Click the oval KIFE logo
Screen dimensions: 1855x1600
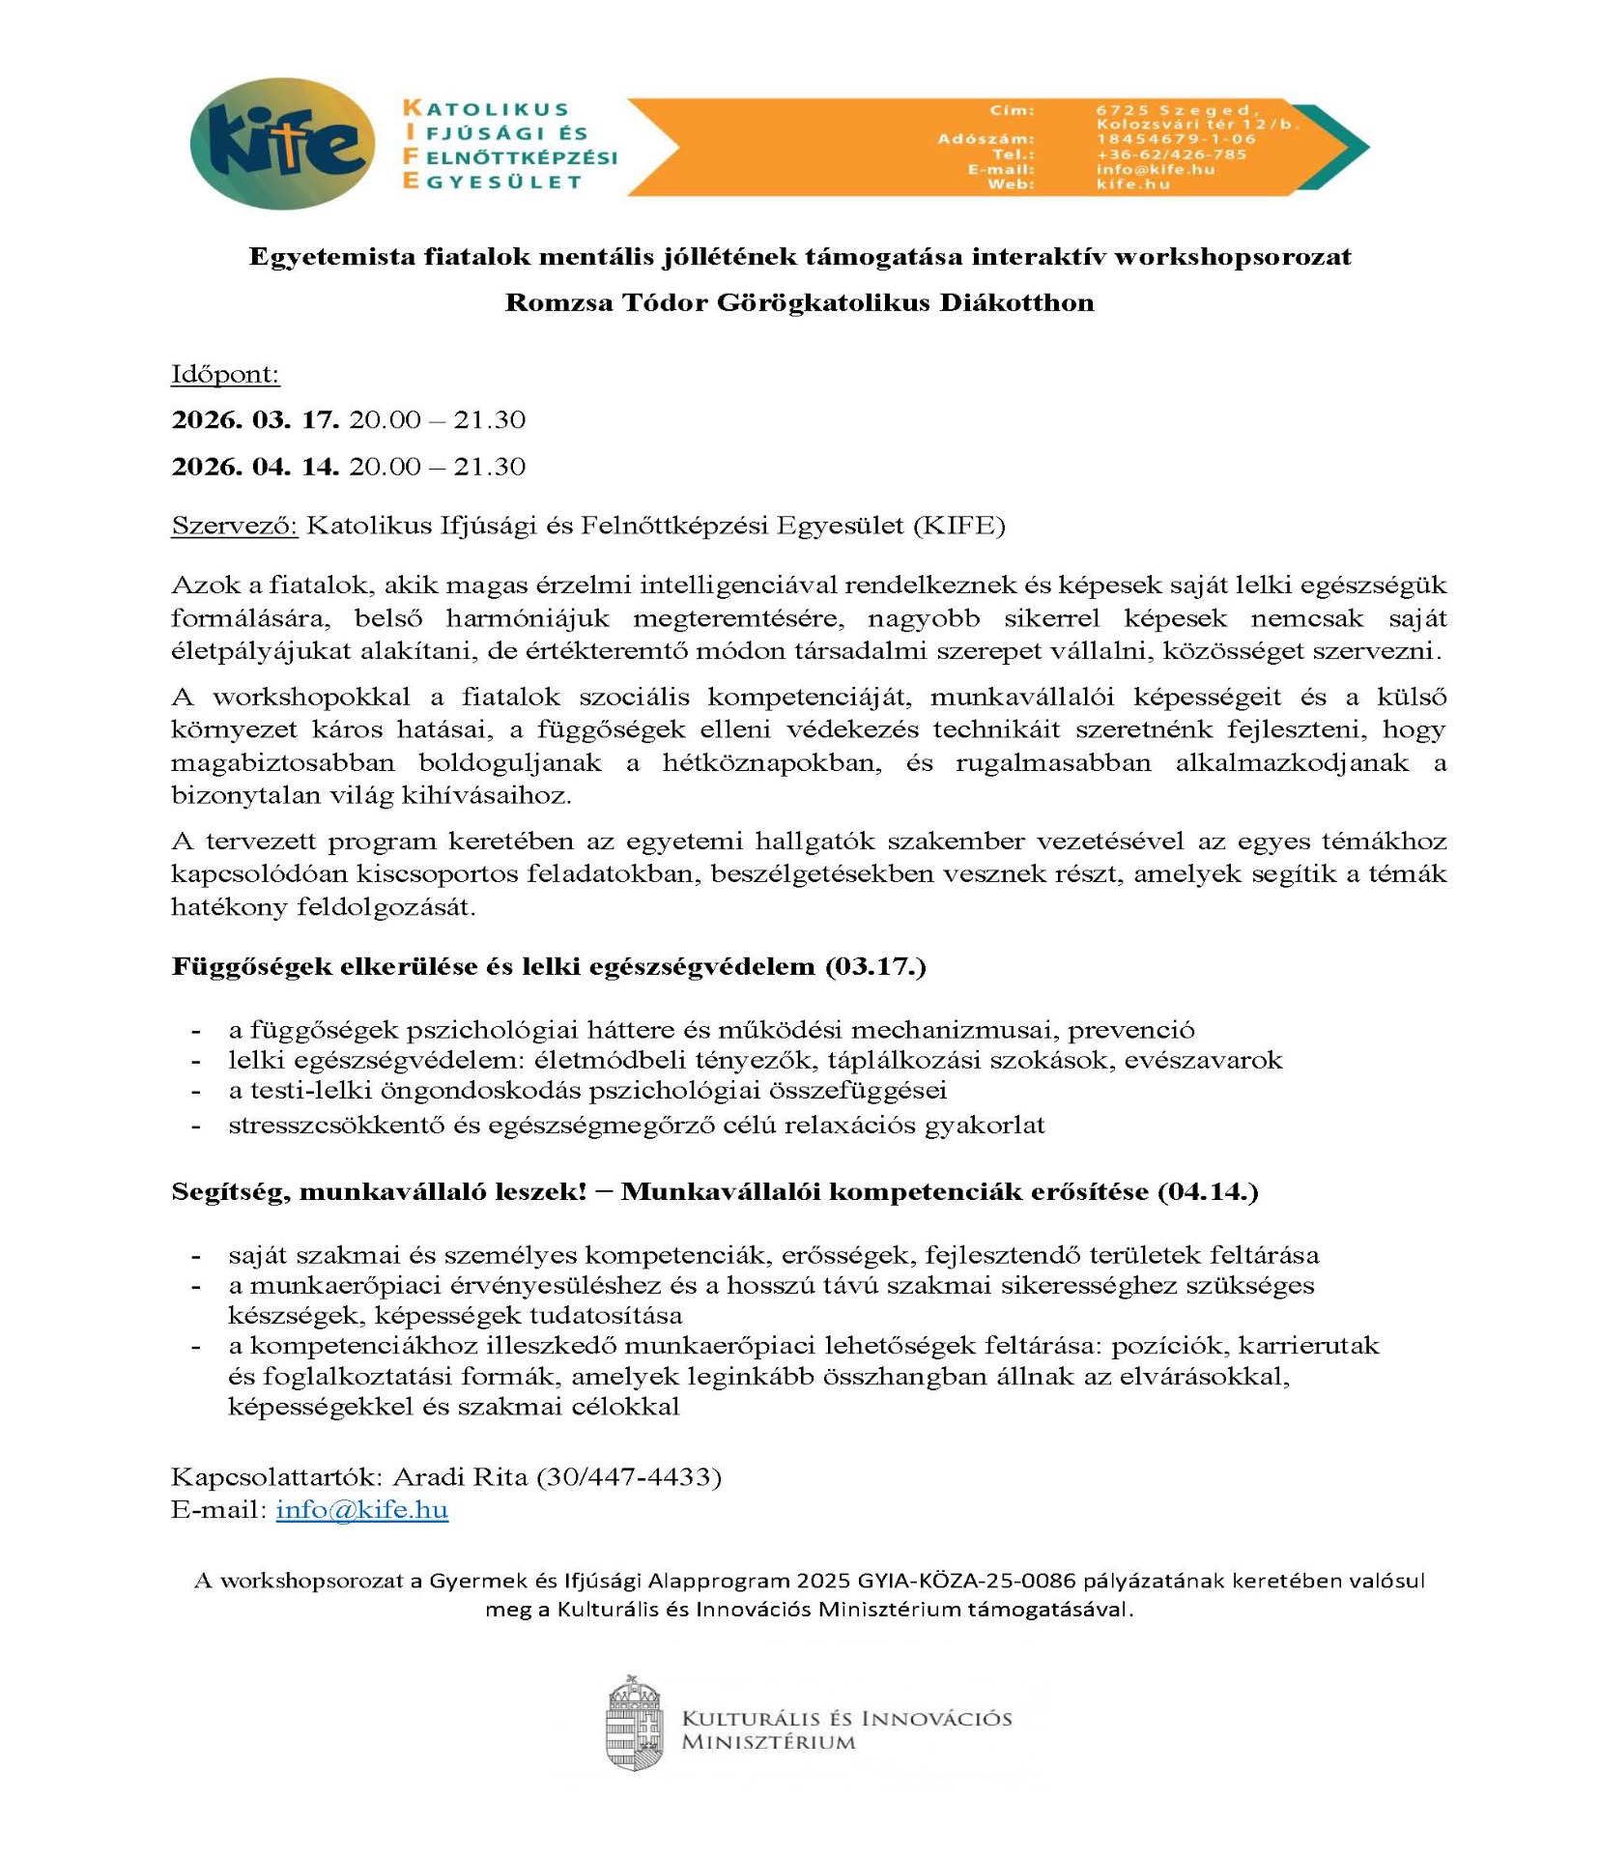click(x=282, y=144)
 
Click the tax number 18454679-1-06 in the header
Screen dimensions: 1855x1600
click(x=1176, y=139)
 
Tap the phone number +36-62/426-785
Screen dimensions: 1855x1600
click(x=1171, y=155)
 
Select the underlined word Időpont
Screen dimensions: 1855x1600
click(x=225, y=374)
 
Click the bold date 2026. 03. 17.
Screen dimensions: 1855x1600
click(x=255, y=419)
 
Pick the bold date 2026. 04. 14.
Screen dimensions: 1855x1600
click(x=255, y=467)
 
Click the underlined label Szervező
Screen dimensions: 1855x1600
click(x=235, y=526)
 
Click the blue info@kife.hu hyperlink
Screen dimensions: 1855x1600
click(x=361, y=1509)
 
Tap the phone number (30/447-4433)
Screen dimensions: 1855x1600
click(x=629, y=1476)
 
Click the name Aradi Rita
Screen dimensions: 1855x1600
click(x=460, y=1476)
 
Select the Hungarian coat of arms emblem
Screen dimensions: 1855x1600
click(x=634, y=1723)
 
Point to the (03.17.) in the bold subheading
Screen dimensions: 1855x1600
click(x=875, y=967)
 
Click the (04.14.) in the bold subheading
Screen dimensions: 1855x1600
click(x=1207, y=1191)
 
